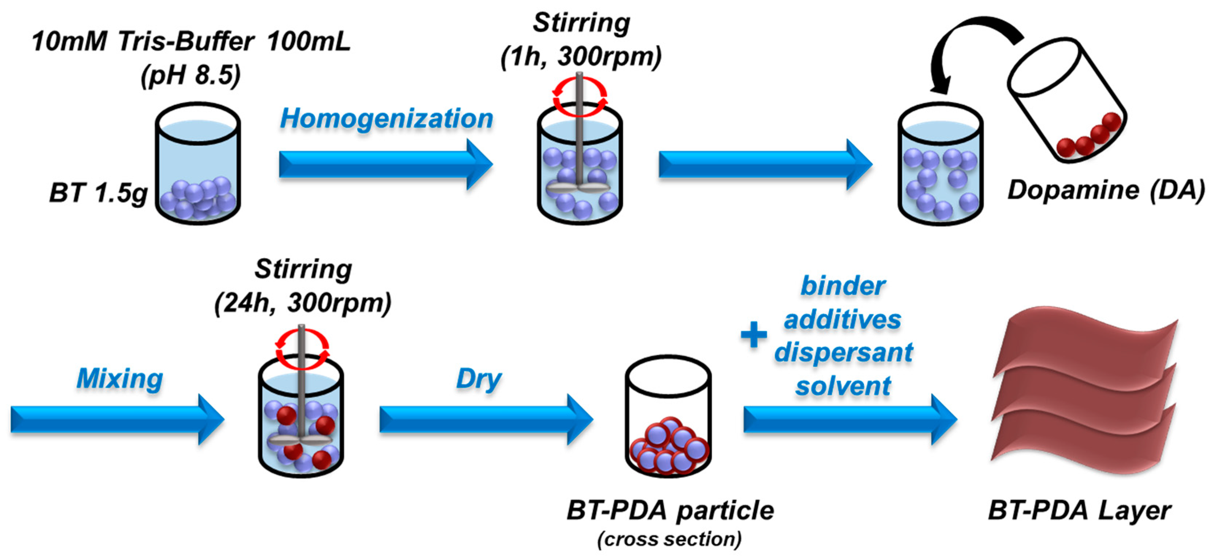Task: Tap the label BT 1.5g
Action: pyautogui.click(x=98, y=193)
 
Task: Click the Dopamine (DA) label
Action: pyautogui.click(x=1106, y=190)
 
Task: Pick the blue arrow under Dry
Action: pyautogui.click(x=485, y=420)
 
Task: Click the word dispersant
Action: pyautogui.click(x=843, y=352)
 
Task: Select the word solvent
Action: pyautogui.click(x=843, y=386)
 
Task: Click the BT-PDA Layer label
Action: pyautogui.click(x=1079, y=510)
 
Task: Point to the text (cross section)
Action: pyautogui.click(x=669, y=539)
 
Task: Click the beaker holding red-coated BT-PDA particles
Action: pyautogui.click(x=668, y=417)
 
